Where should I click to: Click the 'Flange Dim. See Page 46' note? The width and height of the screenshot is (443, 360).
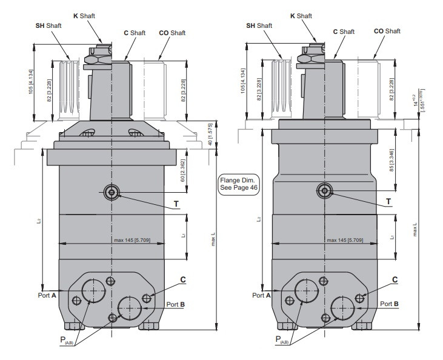(x=239, y=184)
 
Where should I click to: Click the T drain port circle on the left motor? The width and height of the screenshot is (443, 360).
(x=112, y=192)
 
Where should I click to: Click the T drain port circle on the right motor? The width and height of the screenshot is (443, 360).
(x=325, y=192)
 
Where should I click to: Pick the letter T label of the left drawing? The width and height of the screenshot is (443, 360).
(x=176, y=204)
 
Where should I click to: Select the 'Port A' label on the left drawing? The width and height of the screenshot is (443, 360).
(x=46, y=295)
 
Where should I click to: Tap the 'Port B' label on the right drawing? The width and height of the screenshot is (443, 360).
(x=388, y=303)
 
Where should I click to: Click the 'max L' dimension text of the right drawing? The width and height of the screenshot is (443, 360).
(x=415, y=230)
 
